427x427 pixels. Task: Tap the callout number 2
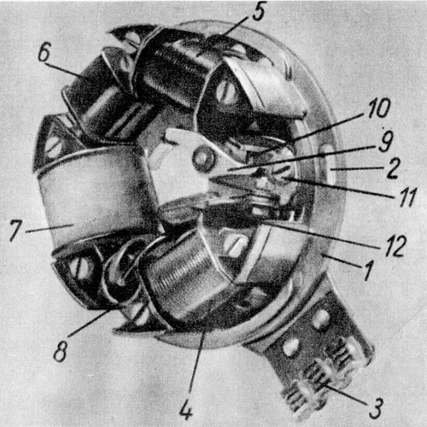click(392, 168)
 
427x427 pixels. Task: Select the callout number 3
click(377, 408)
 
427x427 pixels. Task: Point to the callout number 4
click(186, 410)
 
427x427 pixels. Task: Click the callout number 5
click(258, 12)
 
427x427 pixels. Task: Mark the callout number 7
click(15, 230)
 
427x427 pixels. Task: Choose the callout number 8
click(61, 351)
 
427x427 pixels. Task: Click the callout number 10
click(379, 108)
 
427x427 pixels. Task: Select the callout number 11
click(407, 196)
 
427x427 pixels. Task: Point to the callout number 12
click(395, 246)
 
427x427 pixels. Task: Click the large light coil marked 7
click(94, 196)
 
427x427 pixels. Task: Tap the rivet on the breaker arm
click(203, 159)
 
